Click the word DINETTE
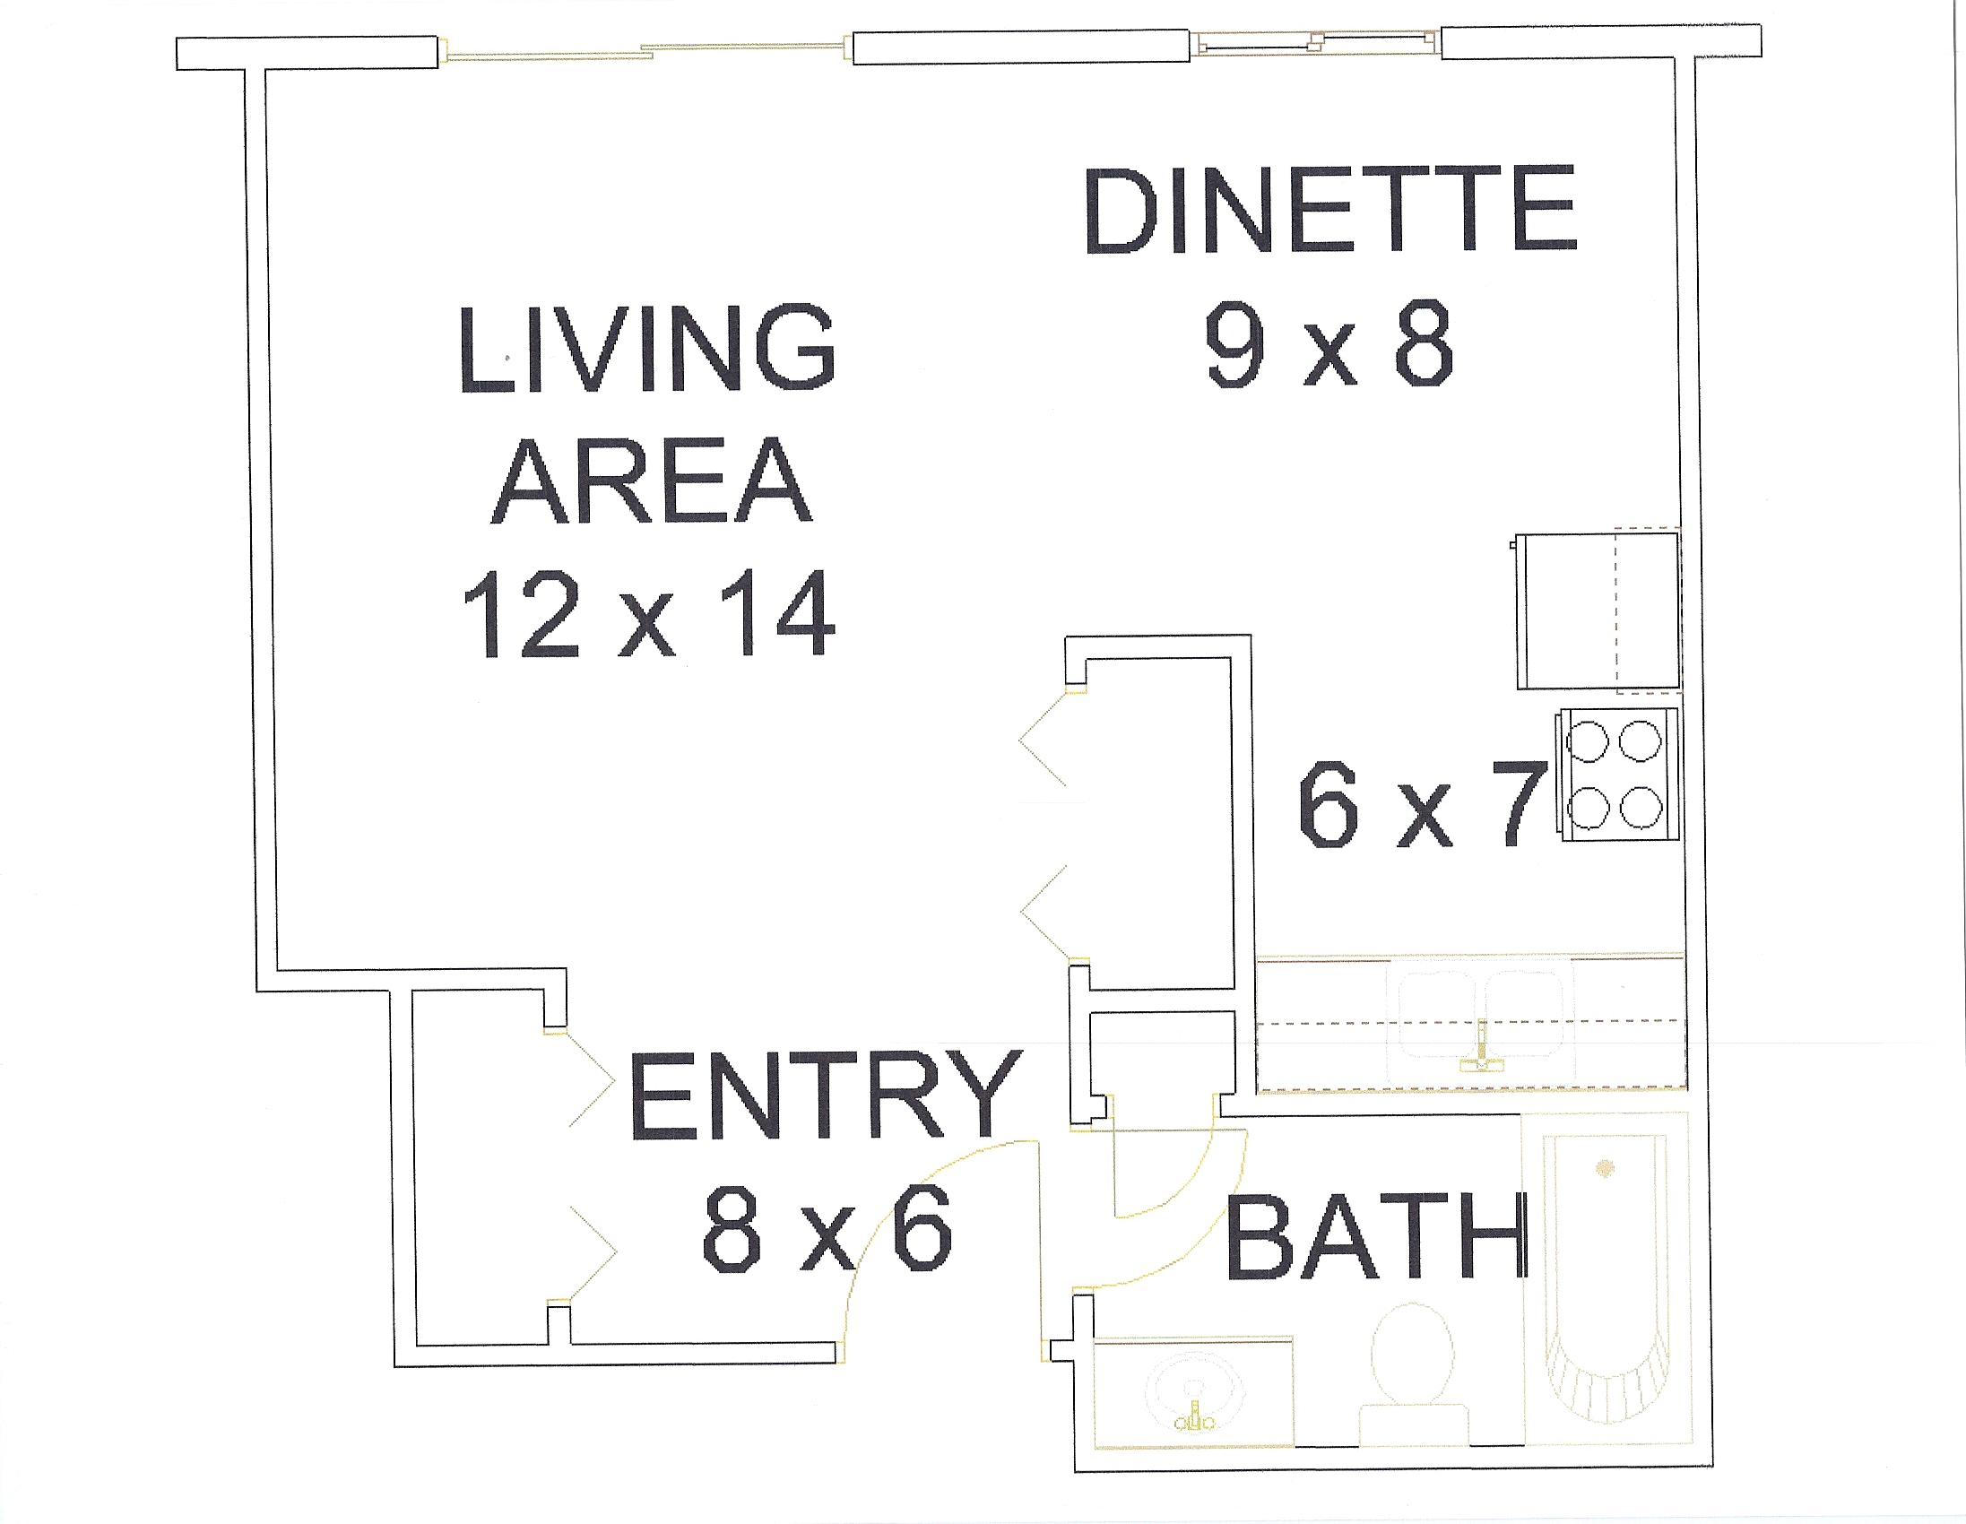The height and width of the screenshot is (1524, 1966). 1331,209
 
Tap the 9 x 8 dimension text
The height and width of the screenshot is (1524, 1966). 1329,344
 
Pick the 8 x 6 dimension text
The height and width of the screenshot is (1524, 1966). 827,1228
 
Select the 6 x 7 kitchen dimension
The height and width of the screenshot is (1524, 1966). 1424,804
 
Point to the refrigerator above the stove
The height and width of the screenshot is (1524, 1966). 1597,611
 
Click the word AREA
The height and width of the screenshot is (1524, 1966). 651,482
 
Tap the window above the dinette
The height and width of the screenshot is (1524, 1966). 1315,42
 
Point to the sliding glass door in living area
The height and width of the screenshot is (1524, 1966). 645,50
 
